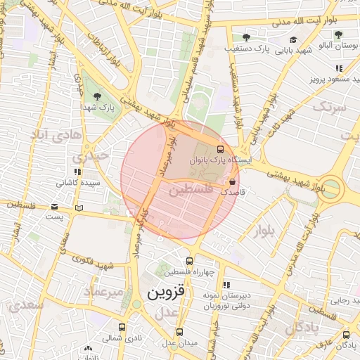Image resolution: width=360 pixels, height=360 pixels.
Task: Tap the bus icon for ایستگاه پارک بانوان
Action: tap(220, 149)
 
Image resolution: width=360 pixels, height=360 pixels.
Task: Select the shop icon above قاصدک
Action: tap(233, 181)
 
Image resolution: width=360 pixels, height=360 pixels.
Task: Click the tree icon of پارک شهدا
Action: tap(97, 96)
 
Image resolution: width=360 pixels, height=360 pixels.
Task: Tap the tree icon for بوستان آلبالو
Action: tap(338, 34)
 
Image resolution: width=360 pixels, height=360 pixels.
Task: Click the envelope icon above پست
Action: tap(55, 206)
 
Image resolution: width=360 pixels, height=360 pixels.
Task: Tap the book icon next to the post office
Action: tap(79, 207)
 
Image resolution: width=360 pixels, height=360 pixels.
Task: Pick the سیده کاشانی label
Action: tap(78, 183)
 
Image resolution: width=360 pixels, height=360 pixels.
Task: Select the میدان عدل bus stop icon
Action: tap(179, 332)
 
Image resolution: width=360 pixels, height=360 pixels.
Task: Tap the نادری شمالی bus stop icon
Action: tap(122, 328)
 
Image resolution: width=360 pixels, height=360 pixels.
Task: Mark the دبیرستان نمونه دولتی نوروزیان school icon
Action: tap(226, 285)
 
